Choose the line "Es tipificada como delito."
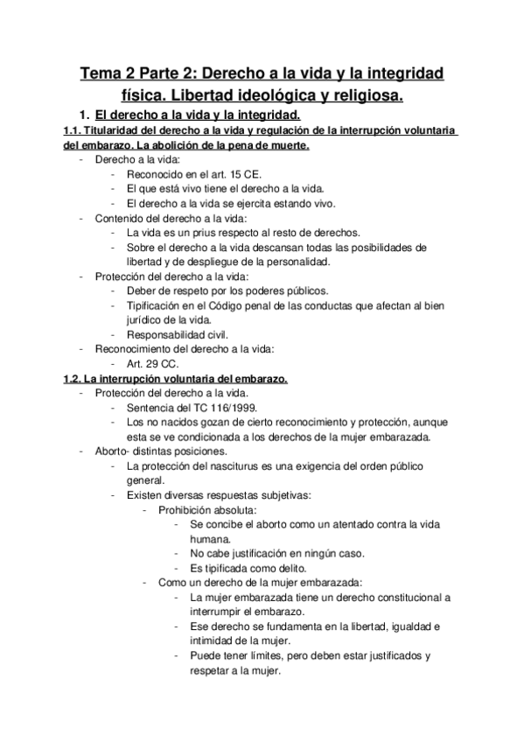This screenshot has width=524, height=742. point(246,569)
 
